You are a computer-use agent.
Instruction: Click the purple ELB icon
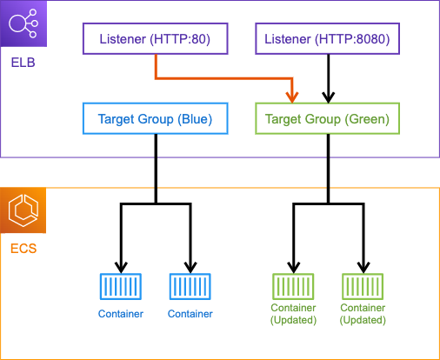tap(23, 23)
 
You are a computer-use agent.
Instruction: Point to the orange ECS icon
tap(23, 210)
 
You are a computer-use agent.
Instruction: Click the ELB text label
tap(23, 63)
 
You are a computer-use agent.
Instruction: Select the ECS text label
tap(23, 249)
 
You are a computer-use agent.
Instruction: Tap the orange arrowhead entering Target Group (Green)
tap(292, 97)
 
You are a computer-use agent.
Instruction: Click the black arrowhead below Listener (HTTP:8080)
tap(328, 97)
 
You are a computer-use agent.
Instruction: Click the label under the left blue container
tap(121, 314)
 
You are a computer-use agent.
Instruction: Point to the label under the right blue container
tap(190, 314)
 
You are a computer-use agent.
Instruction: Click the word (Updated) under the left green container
tap(293, 320)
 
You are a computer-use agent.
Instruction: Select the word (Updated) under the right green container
tap(363, 320)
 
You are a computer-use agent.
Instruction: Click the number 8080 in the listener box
tap(370, 39)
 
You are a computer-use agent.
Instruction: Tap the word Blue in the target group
tap(195, 119)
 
